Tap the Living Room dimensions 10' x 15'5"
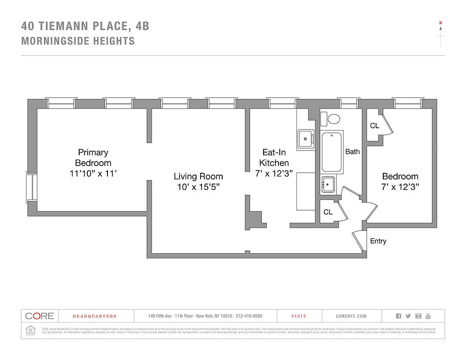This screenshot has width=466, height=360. click(198, 187)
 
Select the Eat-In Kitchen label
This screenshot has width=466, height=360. click(274, 157)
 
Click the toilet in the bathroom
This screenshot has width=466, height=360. click(333, 119)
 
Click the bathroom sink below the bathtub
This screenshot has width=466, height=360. click(328, 184)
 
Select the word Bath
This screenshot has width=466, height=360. click(352, 152)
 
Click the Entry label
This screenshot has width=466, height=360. click(378, 241)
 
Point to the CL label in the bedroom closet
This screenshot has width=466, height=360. click(374, 126)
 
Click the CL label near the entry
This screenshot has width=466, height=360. click(328, 212)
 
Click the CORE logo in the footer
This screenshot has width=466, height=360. click(40, 316)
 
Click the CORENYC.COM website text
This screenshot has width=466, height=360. click(351, 316)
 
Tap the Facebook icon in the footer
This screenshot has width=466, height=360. click(398, 316)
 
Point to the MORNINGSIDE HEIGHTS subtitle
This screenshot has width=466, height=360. click(78, 41)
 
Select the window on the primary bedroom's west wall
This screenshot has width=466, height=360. click(30, 187)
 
